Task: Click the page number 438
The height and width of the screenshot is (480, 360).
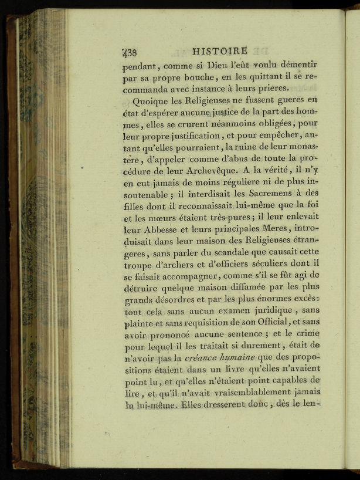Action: click(130, 52)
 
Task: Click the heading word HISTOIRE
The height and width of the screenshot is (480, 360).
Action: click(220, 51)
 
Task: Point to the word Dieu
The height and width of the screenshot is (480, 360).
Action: click(222, 65)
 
